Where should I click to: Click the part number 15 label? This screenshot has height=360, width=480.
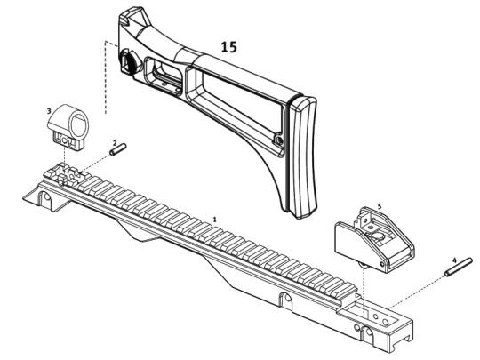(229, 47)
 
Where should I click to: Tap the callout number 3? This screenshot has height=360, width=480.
(49, 111)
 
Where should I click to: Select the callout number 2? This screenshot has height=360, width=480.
(115, 142)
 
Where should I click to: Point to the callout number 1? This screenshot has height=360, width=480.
(214, 220)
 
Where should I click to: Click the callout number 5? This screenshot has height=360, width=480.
(380, 206)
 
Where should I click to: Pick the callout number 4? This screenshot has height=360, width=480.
(454, 260)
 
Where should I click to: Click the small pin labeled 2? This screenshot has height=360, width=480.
(118, 150)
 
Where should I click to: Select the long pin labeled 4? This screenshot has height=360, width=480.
(459, 268)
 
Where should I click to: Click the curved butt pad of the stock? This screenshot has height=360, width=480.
(302, 156)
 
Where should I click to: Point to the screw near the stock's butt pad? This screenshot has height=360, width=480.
(278, 140)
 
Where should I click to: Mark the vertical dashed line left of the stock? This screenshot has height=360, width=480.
(106, 77)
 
